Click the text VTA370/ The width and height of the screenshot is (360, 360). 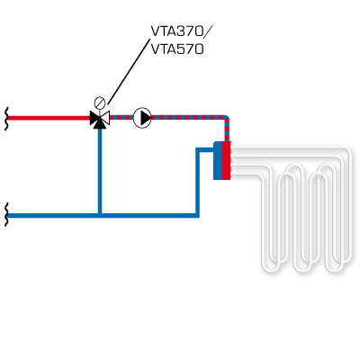tap(182, 31)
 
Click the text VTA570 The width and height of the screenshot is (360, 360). tap(177, 49)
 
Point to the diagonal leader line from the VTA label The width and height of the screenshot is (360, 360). tap(129, 71)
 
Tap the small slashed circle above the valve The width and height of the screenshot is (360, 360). tap(100, 103)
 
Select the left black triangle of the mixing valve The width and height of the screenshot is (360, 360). tap(94, 118)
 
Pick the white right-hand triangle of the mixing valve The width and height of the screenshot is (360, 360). tap(105, 118)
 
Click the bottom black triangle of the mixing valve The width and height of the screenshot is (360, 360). tap(100, 124)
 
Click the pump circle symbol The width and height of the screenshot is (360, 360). tap(142, 118)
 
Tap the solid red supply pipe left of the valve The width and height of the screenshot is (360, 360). tap(49, 118)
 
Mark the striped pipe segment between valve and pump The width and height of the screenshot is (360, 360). tap(121, 118)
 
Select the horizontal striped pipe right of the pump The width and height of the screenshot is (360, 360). tap(188, 117)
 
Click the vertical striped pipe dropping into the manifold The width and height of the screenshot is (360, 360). tap(227, 129)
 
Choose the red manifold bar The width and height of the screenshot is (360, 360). tap(226, 160)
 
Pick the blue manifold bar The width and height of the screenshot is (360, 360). tap(218, 161)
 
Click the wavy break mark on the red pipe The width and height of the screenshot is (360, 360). tap(6, 118)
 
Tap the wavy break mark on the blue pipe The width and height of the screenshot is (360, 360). tap(6, 214)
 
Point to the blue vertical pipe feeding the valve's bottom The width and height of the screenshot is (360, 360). tap(100, 171)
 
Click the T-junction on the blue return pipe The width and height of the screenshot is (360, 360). tap(100, 215)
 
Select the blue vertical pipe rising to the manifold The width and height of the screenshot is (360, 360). tap(197, 182)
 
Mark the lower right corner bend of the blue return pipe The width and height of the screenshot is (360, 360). tap(197, 215)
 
